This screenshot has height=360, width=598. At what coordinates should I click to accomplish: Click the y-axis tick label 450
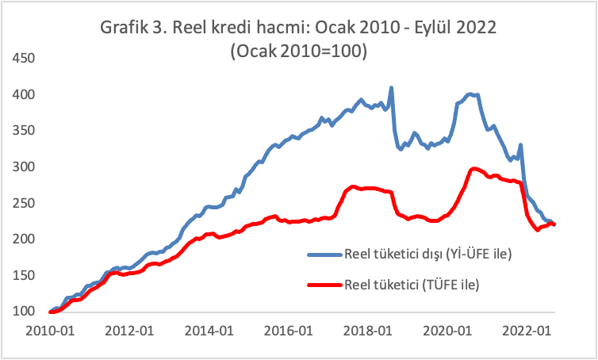(x=24, y=59)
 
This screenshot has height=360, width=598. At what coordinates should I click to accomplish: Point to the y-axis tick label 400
(x=24, y=95)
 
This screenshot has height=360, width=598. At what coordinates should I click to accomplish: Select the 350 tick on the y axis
(x=24, y=131)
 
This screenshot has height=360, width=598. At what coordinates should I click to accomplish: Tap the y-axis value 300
(x=24, y=167)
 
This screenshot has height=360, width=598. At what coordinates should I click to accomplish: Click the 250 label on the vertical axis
(x=24, y=203)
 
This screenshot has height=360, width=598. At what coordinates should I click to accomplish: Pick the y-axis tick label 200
(x=24, y=239)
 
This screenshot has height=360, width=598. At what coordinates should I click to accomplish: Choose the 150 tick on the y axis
(x=24, y=275)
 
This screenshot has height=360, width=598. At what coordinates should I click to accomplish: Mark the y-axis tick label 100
(x=24, y=312)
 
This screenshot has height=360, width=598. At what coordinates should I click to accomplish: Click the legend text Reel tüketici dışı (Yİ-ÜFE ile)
(x=427, y=255)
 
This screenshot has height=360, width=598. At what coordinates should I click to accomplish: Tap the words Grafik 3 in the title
(x=132, y=29)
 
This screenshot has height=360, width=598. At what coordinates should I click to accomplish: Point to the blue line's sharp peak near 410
(x=392, y=88)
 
